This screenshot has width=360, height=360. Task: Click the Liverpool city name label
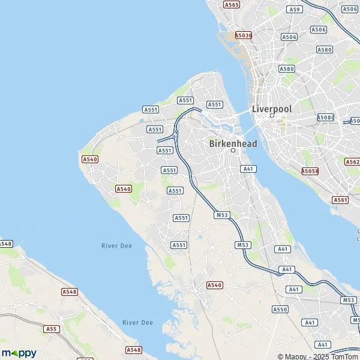pyautogui.click(x=272, y=109)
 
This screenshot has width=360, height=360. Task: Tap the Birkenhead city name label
pyautogui.click(x=233, y=143)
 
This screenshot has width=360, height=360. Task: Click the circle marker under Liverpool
pyautogui.click(x=272, y=115)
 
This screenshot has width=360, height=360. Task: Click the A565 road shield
pyautogui.click(x=232, y=4)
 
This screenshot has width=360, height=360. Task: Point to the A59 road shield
pyautogui.click(x=293, y=10)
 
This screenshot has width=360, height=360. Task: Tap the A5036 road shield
pyautogui.click(x=244, y=35)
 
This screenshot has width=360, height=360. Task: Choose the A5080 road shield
pyautogui.click(x=325, y=118)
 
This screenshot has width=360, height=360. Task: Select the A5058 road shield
pyautogui.click(x=310, y=171)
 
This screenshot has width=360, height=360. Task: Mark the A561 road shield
pyautogui.click(x=340, y=200)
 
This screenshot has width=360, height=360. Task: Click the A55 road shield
pyautogui.click(x=52, y=329)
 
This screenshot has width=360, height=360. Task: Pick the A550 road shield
pyautogui.click(x=280, y=309)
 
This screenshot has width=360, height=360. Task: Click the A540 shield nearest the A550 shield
pyautogui.click(x=214, y=285)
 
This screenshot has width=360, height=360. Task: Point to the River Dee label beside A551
pyautogui.click(x=116, y=246)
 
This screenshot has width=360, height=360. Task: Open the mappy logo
pyautogui.click(x=19, y=353)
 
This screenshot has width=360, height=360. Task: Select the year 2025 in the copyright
pyautogui.click(x=318, y=356)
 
